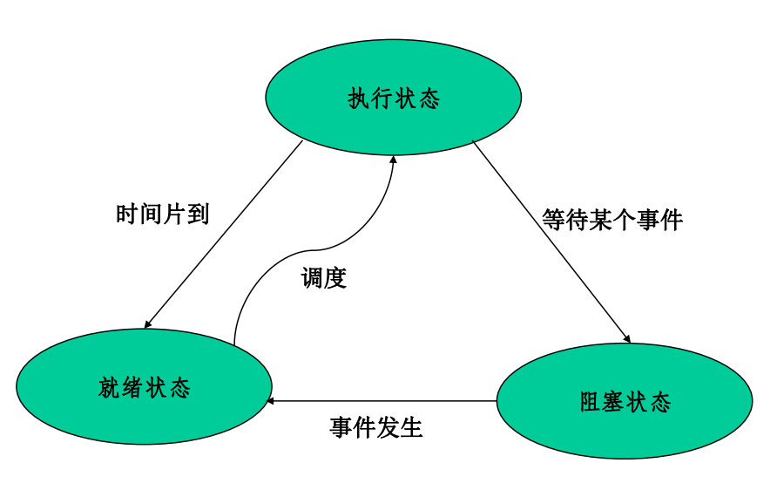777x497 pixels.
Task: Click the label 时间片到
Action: click(163, 214)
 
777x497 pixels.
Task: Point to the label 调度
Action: click(324, 278)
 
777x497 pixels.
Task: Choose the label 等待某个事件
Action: click(612, 220)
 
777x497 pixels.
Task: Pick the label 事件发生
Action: click(376, 428)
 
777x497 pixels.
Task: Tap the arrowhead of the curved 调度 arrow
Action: click(393, 160)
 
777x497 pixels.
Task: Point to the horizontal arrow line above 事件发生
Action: click(383, 401)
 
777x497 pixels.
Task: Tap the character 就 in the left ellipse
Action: click(110, 387)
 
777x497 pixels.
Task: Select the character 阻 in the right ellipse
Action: click(591, 402)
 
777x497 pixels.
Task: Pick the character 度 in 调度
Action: click(335, 278)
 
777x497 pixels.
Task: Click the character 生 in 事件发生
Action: click(411, 428)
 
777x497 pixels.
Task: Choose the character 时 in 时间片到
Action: click(127, 214)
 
